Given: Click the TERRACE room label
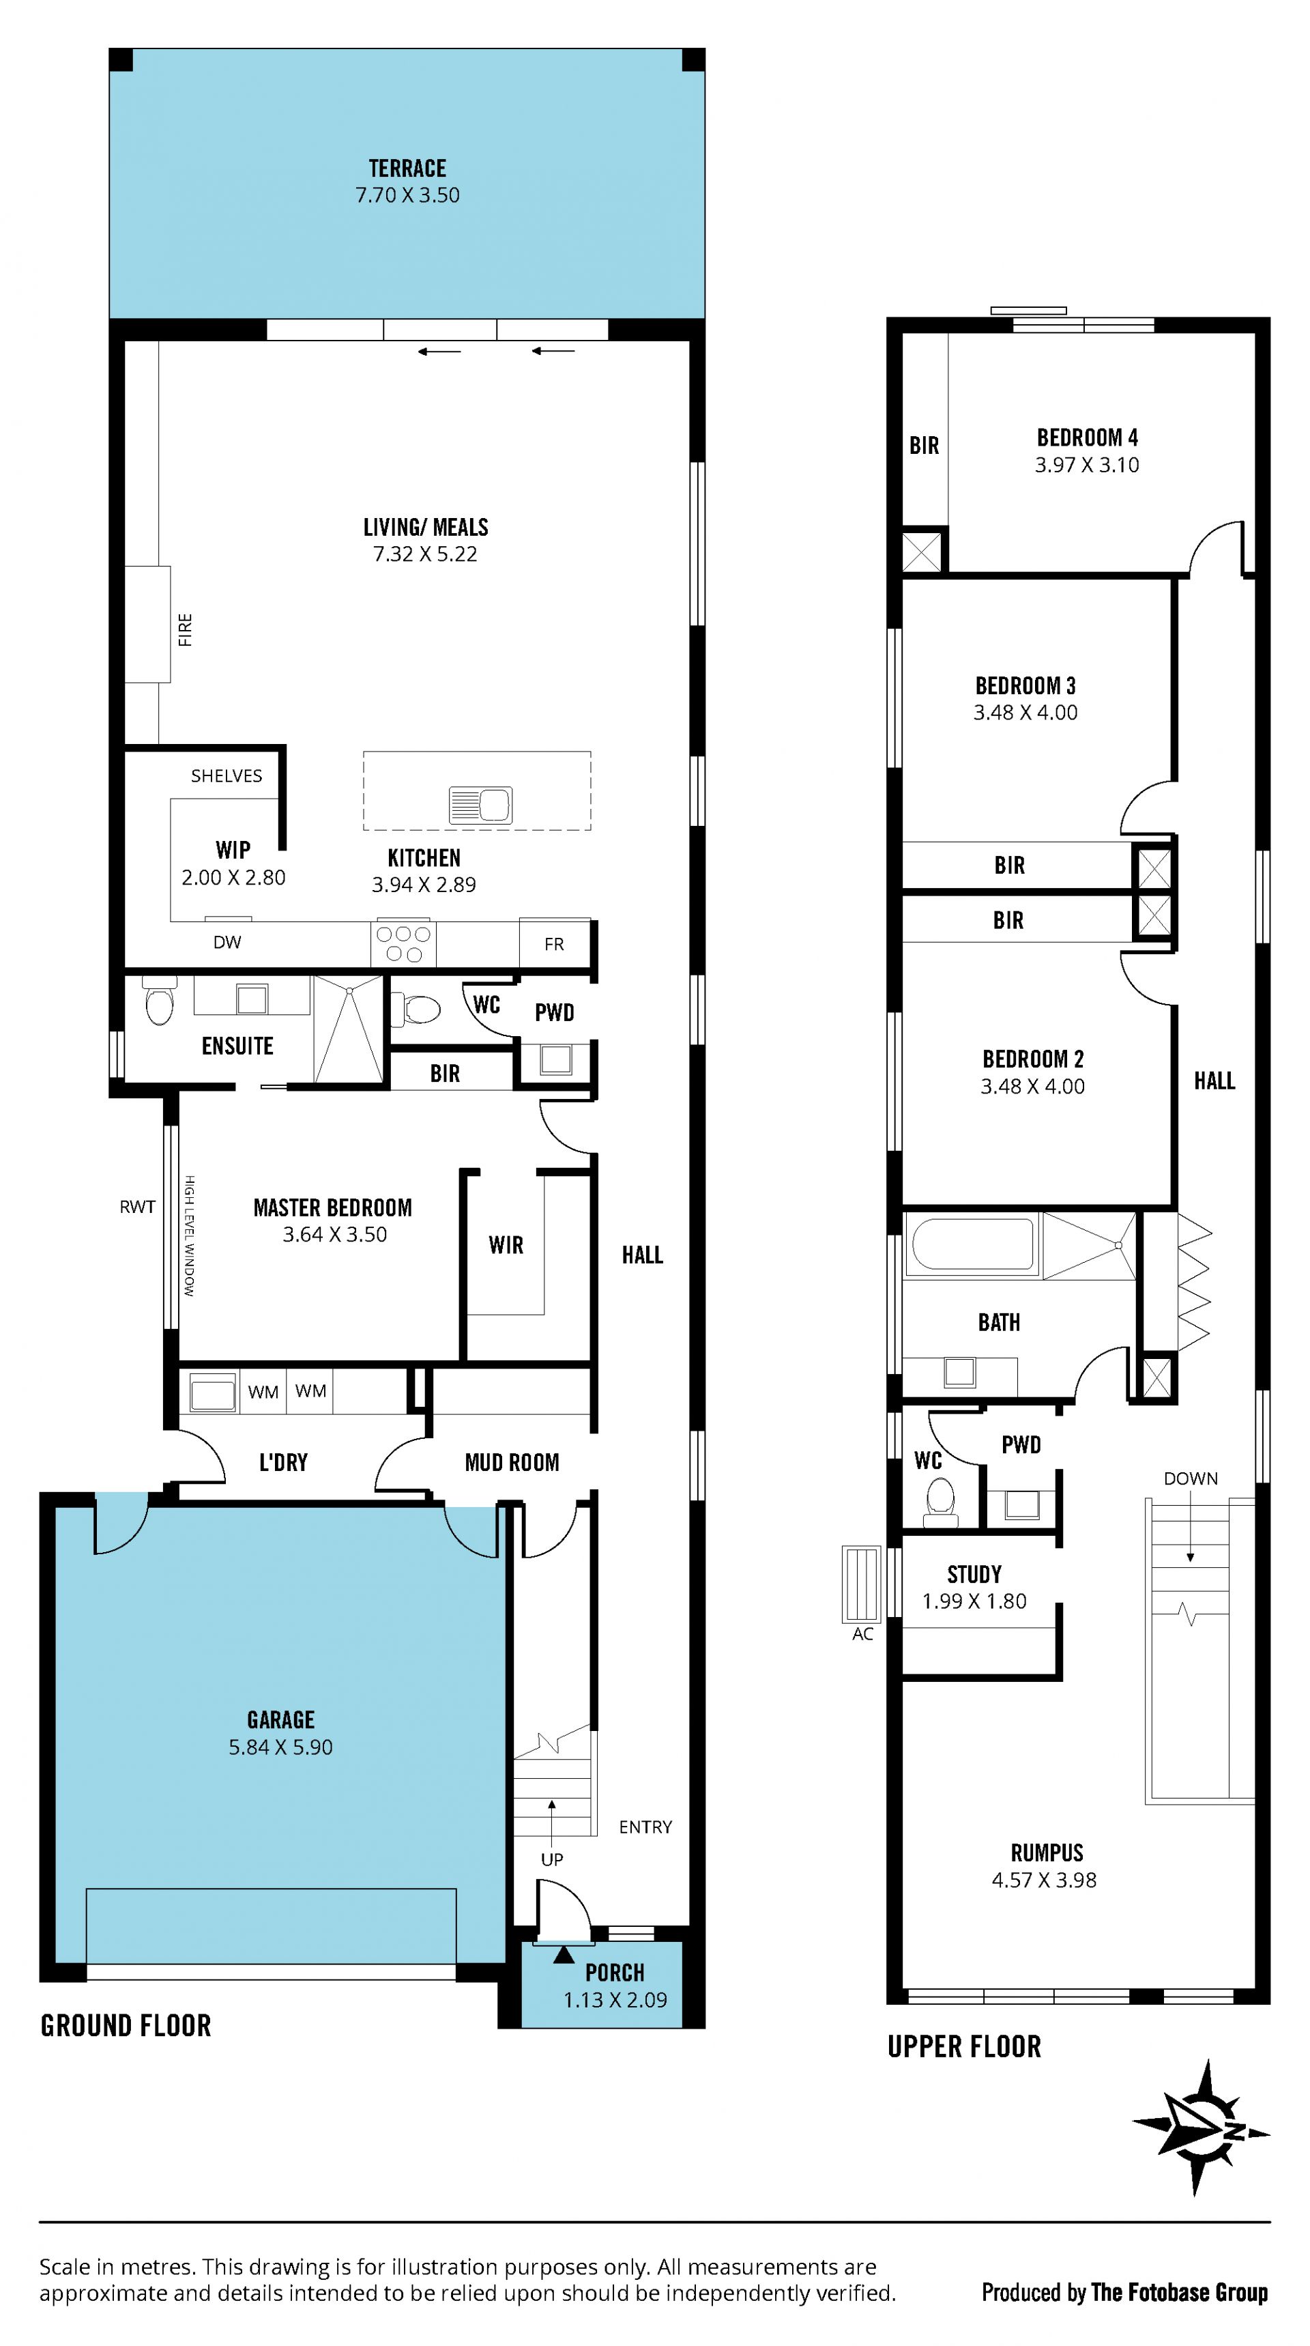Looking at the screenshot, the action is coord(407,169).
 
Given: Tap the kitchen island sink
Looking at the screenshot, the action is coord(480,805).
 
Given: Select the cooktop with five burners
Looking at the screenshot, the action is coord(403,943).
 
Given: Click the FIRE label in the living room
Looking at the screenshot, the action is coord(186,629).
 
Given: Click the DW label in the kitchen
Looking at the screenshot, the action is coord(228,943).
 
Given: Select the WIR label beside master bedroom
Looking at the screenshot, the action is coord(506,1245).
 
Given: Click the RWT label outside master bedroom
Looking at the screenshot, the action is coord(137,1207).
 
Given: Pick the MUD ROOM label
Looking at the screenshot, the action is coord(512,1463).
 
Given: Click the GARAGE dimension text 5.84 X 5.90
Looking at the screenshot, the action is coord(280,1747).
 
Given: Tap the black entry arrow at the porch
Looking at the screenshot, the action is coord(564,1954).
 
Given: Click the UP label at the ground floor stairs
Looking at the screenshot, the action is coord(552,1860).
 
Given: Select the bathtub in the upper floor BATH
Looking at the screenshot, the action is coord(972,1244).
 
